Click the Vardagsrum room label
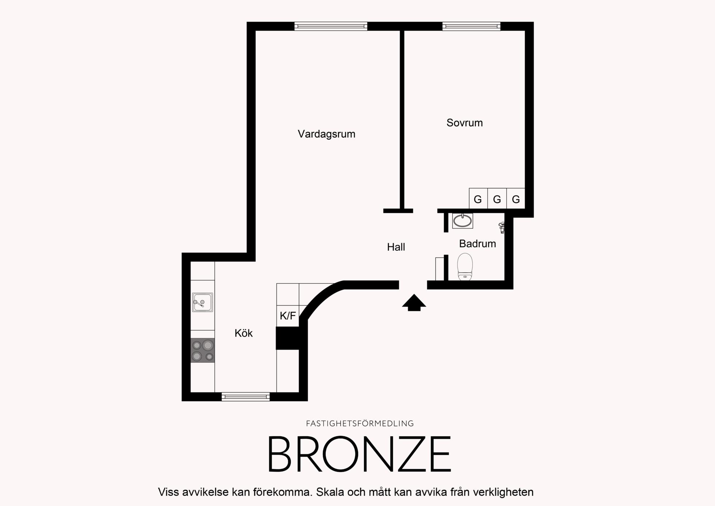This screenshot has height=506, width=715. click(326, 134)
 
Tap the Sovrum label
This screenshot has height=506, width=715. click(464, 123)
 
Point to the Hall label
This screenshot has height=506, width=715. click(396, 247)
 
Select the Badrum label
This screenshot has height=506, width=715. click(478, 244)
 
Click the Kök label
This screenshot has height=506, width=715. click(243, 333)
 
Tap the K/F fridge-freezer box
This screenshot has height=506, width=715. click(288, 316)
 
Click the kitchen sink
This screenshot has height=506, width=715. click(202, 302)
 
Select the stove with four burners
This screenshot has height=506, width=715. click(202, 350)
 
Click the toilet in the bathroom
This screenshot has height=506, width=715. click(465, 267)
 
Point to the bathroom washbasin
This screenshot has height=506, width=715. click(463, 221)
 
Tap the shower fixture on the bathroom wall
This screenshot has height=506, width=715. click(502, 227)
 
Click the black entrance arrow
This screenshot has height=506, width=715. click(414, 303)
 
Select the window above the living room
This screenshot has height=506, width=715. click(331, 26)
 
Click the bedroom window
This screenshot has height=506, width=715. click(471, 26)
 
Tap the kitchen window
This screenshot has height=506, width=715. click(246, 397)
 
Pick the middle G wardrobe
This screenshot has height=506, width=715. click(497, 199)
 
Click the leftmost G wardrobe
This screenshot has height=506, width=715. click(478, 199)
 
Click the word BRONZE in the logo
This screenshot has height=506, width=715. click(360, 454)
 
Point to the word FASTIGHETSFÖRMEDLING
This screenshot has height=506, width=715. click(360, 423)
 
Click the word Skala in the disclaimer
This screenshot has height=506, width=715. click(330, 492)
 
